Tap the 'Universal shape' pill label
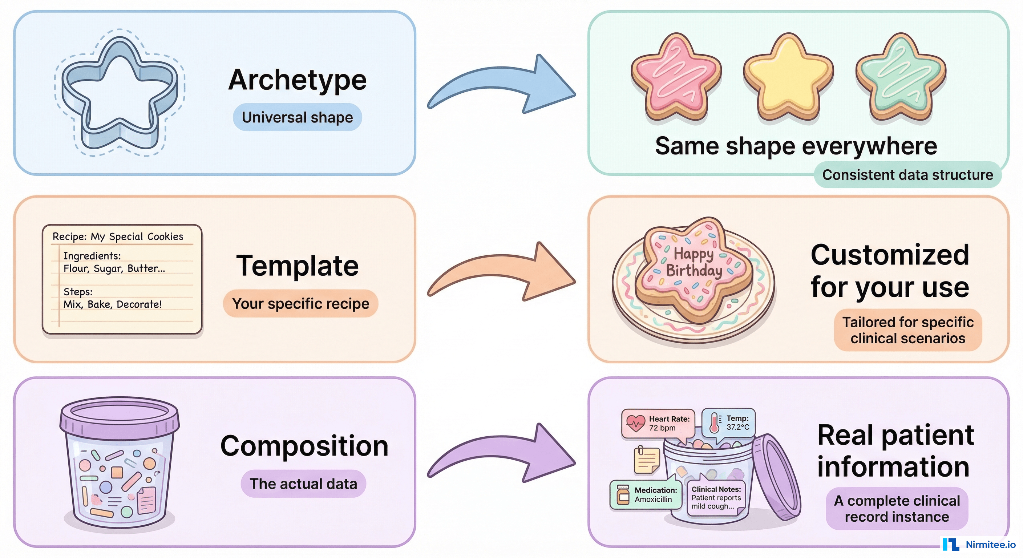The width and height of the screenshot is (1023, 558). tap(297, 117)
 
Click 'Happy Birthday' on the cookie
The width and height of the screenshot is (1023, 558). tap(694, 262)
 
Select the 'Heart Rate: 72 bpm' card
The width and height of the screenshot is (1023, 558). tap(658, 423)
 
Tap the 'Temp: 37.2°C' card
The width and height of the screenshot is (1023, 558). tap(729, 422)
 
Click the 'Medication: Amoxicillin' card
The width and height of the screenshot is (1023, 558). tap(646, 494)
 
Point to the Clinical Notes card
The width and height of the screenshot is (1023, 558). tap(716, 498)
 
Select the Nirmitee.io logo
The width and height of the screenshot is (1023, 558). tap(979, 544)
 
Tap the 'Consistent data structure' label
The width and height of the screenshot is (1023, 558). tap(907, 175)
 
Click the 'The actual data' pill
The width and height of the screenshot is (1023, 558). tap(303, 484)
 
